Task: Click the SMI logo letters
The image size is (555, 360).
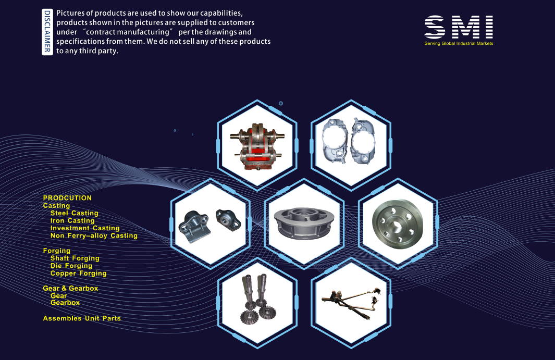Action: [459, 27]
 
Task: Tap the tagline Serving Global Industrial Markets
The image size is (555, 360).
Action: [459, 44]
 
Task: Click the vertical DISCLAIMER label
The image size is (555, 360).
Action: [47, 32]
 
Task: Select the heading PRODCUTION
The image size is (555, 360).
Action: [67, 198]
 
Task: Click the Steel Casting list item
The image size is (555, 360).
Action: [75, 213]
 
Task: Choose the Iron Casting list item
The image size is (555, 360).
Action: [72, 220]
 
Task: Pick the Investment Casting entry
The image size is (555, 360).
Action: [85, 228]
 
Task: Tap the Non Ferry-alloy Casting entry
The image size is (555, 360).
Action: [94, 235]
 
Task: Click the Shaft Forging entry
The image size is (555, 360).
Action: [75, 258]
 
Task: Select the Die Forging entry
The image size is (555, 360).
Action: [71, 266]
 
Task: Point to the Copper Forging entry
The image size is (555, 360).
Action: [78, 273]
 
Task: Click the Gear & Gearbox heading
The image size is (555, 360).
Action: [70, 288]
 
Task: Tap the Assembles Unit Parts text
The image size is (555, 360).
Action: [82, 318]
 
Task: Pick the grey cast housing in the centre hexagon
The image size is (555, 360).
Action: [304, 224]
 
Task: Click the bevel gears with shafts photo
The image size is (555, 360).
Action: [257, 299]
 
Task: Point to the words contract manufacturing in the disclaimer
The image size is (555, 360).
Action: [128, 32]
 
